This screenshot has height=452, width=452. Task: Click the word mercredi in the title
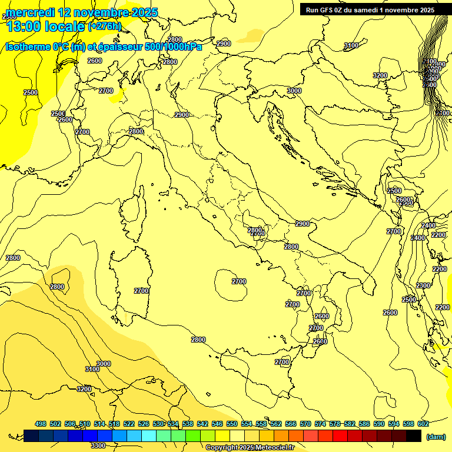[29, 12]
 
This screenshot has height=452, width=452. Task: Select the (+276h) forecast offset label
[104, 26]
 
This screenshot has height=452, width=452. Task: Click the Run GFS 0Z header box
[370, 9]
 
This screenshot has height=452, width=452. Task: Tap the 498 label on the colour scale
[41, 424]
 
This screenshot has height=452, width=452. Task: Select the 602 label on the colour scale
[423, 424]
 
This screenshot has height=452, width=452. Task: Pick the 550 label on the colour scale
[232, 424]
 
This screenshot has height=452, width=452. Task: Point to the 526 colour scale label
[144, 424]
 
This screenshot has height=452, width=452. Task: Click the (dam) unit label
[436, 436]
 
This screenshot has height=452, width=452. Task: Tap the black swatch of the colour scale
[414, 436]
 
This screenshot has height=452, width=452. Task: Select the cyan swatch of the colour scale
[149, 436]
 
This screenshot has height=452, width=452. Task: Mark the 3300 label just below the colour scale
[98, 445]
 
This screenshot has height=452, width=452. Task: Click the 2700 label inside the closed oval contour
[239, 281]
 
